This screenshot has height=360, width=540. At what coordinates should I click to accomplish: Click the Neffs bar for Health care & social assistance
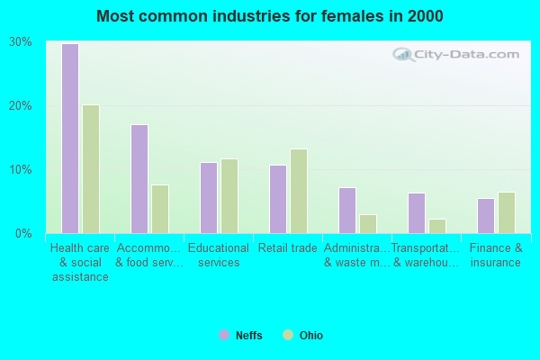coord(69,139)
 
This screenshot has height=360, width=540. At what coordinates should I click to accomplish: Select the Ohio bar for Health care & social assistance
coord(91,169)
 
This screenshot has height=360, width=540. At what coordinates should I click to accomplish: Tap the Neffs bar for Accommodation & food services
coord(139,179)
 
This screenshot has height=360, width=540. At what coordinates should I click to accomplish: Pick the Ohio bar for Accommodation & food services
coord(160,209)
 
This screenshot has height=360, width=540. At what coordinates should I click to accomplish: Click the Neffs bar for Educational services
coord(208,198)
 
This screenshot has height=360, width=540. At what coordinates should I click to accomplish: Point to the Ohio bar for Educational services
coord(229,196)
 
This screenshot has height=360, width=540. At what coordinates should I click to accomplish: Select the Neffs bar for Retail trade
coord(277,199)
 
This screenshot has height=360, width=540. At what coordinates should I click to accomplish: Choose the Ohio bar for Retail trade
coord(299,191)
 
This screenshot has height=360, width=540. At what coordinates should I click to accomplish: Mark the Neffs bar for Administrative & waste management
coord(346,211)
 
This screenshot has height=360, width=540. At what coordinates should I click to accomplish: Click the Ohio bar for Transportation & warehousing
coord(437,226)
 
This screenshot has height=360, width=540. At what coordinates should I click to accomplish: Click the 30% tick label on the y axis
coord(21,42)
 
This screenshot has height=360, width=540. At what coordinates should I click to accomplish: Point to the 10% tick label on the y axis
coord(21,170)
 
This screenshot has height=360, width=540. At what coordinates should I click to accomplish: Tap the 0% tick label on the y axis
coord(23,234)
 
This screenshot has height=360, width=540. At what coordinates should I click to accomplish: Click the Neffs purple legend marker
coord(223,336)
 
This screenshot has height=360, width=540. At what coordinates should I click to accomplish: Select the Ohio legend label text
coord(310,336)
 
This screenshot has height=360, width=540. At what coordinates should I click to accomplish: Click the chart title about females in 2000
coord(270,16)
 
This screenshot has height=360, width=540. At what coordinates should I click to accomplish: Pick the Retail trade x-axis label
coord(287,248)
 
